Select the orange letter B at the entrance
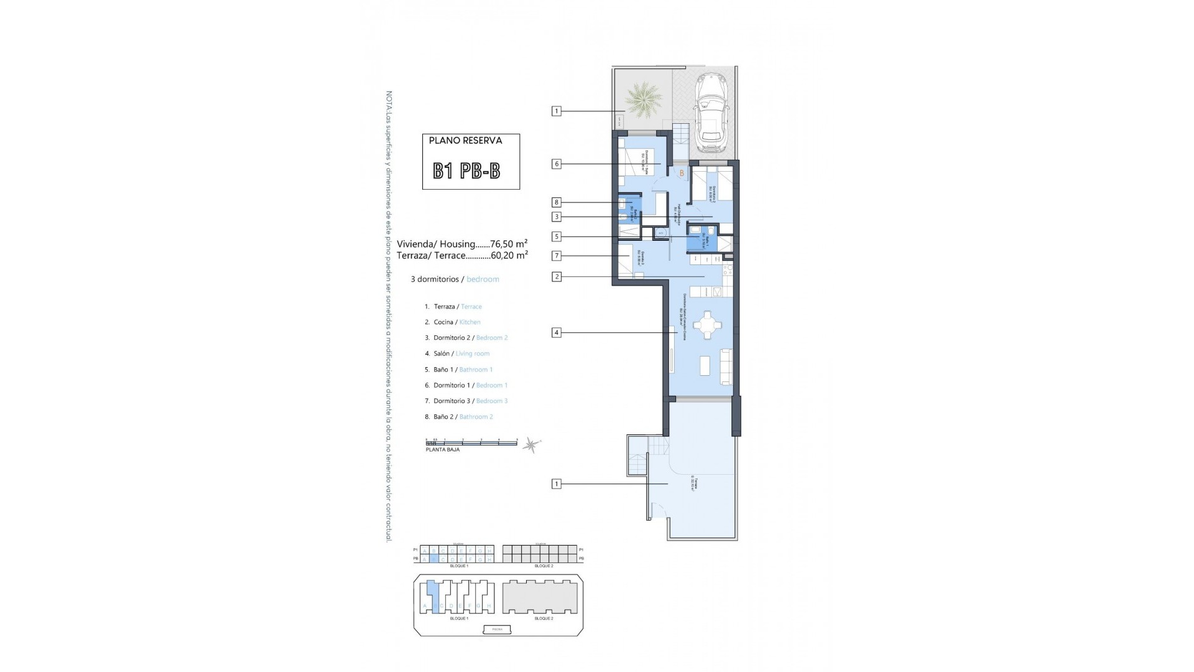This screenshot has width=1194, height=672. point(682,173)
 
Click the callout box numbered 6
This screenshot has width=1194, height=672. point(557,164)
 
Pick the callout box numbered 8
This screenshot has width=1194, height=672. point(557,202)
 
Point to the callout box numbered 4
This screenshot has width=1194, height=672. point(557,333)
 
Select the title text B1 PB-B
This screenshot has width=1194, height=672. point(466,171)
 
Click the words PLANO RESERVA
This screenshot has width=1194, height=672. point(465,141)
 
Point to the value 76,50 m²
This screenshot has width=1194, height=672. point(509,244)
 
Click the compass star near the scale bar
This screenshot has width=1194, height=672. point(532,444)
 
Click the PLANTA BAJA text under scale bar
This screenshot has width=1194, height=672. point(442,449)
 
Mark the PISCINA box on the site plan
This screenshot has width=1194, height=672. point(497,629)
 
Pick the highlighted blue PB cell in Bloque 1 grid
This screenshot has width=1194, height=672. point(434,559)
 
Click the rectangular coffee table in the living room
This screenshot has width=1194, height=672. point(705,365)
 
